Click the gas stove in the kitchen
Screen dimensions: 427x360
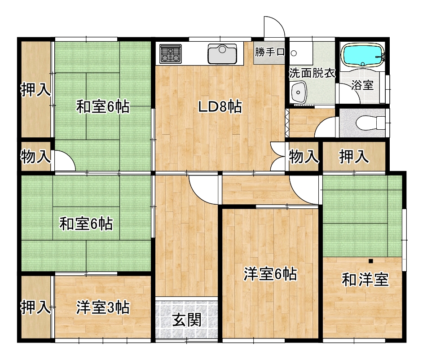coord(171,54)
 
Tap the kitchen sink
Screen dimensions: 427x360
coord(222,54)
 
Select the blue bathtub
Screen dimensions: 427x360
coord(363,55)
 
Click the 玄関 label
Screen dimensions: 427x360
coord(187,320)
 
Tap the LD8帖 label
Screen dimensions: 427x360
coord(220,106)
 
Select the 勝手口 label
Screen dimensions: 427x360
coord(269,52)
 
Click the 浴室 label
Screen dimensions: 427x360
coord(362,85)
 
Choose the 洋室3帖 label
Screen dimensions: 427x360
coord(103,307)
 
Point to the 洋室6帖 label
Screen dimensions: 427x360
coord(270,274)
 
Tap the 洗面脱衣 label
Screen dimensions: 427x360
coord(312,73)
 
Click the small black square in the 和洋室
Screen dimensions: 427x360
coord(370,261)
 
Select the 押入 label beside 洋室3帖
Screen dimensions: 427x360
coord(35,307)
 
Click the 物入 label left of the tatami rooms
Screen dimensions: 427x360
coord(35,157)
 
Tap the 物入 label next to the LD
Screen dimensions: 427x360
coord(304,157)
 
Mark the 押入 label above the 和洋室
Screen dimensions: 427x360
coord(354,157)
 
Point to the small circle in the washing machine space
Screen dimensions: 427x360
coord(294,53)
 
